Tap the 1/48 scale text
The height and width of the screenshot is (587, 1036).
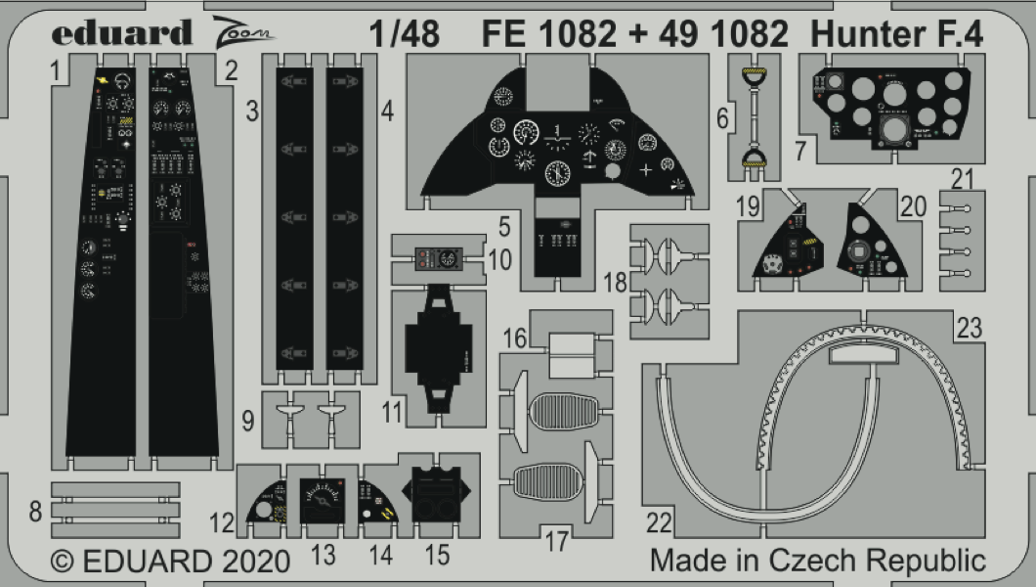[x=406, y=34]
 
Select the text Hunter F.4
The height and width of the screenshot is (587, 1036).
[x=897, y=34]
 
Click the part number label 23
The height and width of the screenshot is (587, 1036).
[x=969, y=330]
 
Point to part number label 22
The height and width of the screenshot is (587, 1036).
[x=660, y=523]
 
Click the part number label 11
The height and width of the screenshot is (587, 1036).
[x=392, y=411]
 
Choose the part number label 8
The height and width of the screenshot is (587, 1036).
[x=35, y=511]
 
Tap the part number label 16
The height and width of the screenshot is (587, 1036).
[x=515, y=339]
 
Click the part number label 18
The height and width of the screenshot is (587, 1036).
[x=615, y=283]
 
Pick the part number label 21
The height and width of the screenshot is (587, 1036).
[x=963, y=178]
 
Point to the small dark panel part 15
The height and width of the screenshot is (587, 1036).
[x=437, y=496]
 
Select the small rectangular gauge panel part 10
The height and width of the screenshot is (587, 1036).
[x=436, y=259]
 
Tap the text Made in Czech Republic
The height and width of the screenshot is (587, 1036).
[x=818, y=561]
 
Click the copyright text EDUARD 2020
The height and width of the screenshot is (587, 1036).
[x=170, y=562]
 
